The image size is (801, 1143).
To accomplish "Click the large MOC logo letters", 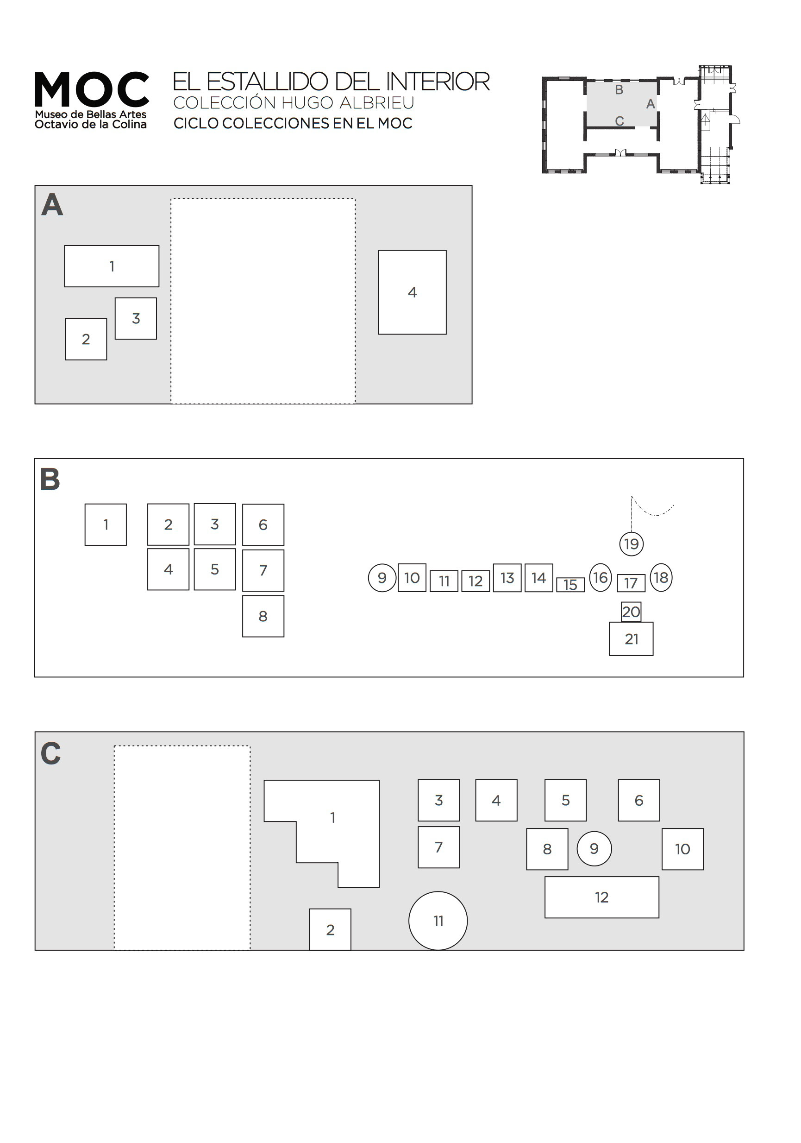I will click(x=92, y=89).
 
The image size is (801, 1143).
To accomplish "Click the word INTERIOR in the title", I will click(x=438, y=82).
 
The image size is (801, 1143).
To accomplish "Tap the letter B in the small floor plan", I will click(x=619, y=90).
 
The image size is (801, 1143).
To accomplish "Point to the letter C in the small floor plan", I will click(x=619, y=121).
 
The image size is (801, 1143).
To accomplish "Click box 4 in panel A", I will click(x=412, y=292).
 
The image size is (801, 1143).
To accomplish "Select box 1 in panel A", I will click(x=112, y=266).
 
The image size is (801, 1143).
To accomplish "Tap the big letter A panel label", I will click(x=52, y=205).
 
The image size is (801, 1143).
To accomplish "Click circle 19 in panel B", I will click(x=632, y=543).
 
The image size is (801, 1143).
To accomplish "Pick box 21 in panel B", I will click(x=631, y=639).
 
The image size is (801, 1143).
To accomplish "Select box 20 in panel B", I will click(x=631, y=612).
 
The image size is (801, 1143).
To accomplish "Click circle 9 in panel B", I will click(x=382, y=578).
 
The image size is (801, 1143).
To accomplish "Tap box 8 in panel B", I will click(x=263, y=616).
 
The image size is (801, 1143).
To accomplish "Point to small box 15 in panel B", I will click(x=570, y=584).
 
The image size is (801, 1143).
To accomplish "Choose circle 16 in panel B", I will click(x=600, y=577).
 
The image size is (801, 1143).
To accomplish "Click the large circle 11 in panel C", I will click(x=438, y=921).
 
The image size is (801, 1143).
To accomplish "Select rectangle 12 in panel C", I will click(x=601, y=897).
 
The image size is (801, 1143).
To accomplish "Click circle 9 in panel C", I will click(x=594, y=849).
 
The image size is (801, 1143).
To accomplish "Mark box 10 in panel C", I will click(x=682, y=849).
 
